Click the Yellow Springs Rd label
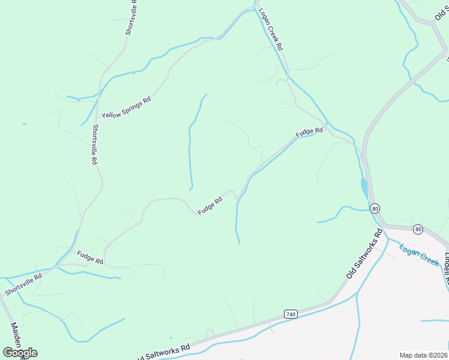(126, 106)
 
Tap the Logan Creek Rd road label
(271, 29)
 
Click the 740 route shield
(291, 314)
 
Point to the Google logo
(20, 352)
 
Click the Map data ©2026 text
(424, 355)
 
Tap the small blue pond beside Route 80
(364, 188)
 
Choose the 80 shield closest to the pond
(375, 209)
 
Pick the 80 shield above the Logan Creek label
(418, 229)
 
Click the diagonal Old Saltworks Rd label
(364, 253)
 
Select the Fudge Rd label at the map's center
(211, 204)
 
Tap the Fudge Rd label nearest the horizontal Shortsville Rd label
(90, 259)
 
